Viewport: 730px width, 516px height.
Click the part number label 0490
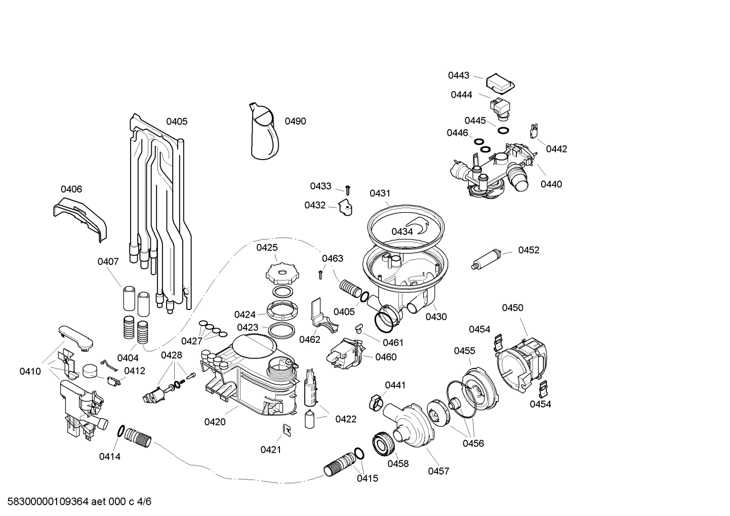[295, 121]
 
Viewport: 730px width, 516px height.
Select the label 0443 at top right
[458, 75]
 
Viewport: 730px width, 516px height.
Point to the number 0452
[528, 250]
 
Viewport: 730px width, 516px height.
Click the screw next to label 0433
[348, 190]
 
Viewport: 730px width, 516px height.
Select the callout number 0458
[398, 463]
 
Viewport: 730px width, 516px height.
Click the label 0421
[271, 450]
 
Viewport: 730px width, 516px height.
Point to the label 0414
[109, 456]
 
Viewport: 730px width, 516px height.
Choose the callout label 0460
[386, 357]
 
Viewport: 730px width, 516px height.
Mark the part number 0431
[380, 193]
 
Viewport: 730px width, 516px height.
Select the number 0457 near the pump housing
[438, 471]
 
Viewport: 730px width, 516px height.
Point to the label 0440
[551, 184]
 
